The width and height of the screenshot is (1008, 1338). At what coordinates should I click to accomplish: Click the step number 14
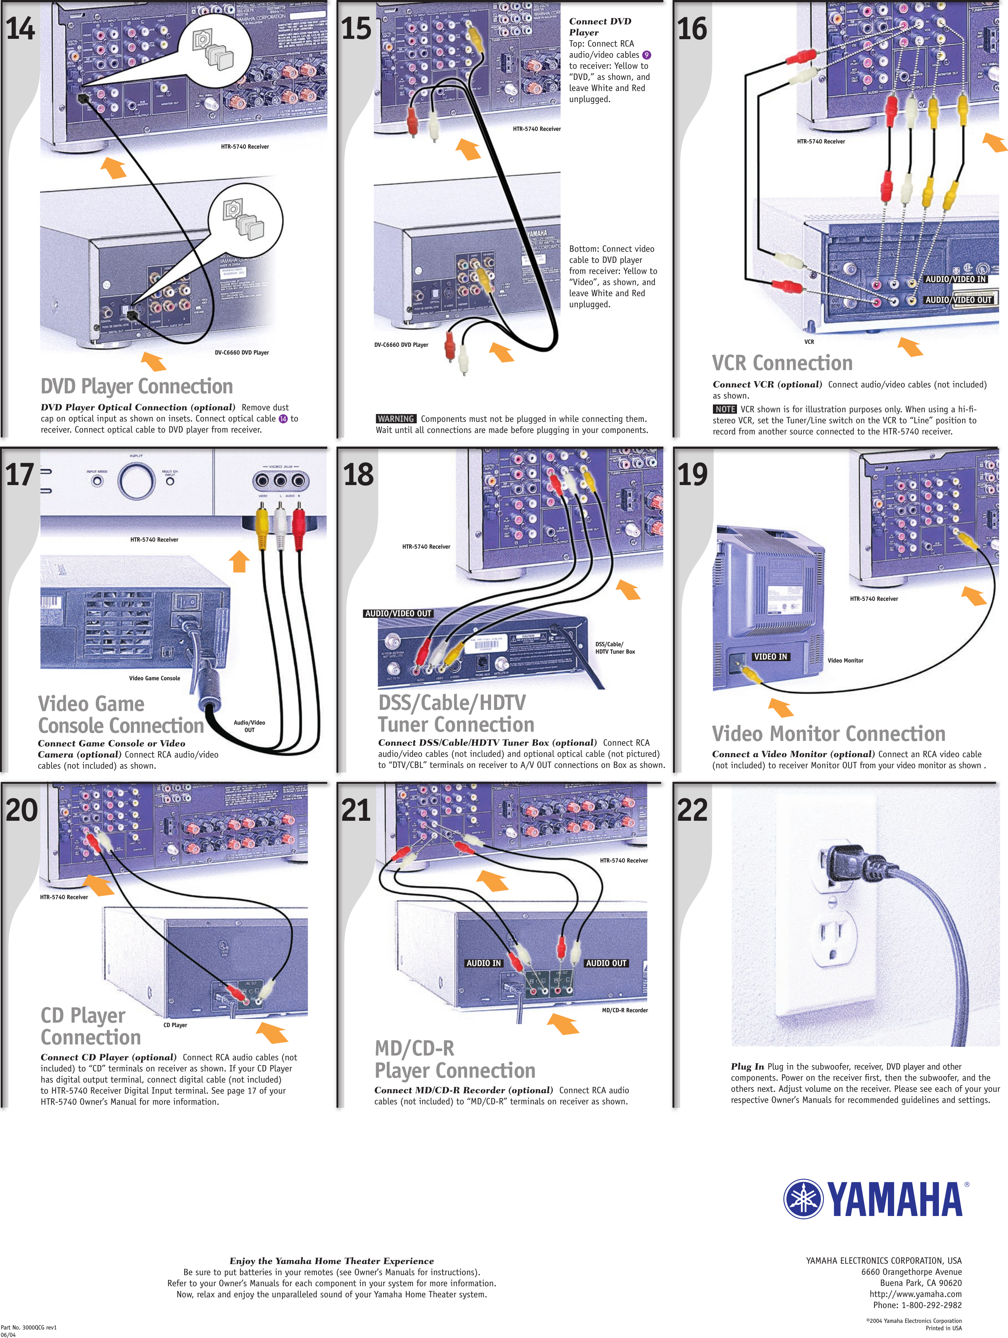(21, 28)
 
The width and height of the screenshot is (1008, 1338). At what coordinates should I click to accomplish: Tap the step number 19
(692, 474)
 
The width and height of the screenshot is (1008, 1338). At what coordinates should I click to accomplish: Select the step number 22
(692, 810)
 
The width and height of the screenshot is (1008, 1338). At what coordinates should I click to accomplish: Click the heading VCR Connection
(782, 363)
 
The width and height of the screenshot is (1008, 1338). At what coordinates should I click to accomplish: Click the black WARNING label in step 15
(396, 419)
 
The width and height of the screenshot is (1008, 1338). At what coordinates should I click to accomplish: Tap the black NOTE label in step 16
(724, 409)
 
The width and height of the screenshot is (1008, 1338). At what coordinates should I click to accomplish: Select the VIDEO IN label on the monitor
(770, 657)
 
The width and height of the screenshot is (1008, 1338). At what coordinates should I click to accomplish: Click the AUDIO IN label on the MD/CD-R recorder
(483, 963)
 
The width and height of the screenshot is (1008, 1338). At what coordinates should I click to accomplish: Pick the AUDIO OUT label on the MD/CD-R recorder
(606, 963)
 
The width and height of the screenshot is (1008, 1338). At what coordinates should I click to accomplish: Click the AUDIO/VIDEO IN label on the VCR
(955, 279)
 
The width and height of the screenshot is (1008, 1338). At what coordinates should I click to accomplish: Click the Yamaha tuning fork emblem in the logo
(804, 1199)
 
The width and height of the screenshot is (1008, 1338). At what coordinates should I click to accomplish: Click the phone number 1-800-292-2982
(931, 1305)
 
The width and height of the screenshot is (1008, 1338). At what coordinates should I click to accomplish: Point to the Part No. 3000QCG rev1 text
(28, 1327)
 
